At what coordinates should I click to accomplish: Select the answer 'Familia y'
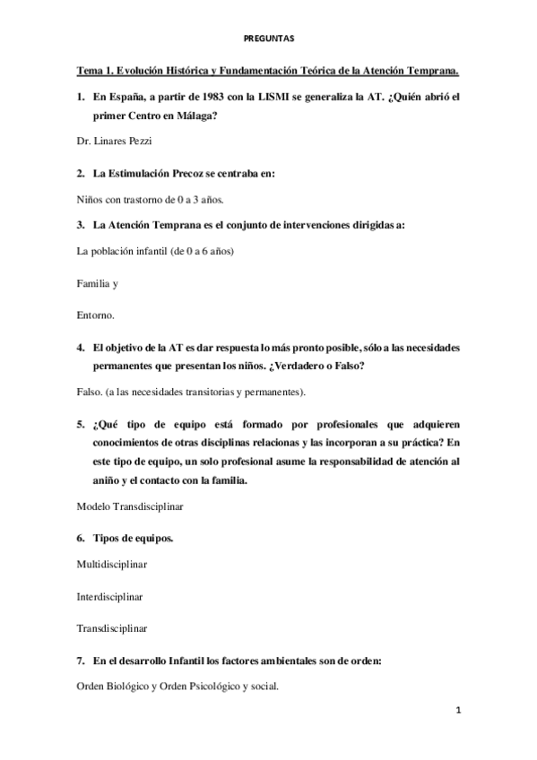[98, 283]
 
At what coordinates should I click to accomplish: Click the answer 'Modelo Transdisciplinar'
[131, 506]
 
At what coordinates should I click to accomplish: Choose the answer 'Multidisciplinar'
[112, 565]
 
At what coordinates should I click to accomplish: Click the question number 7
[81, 661]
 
